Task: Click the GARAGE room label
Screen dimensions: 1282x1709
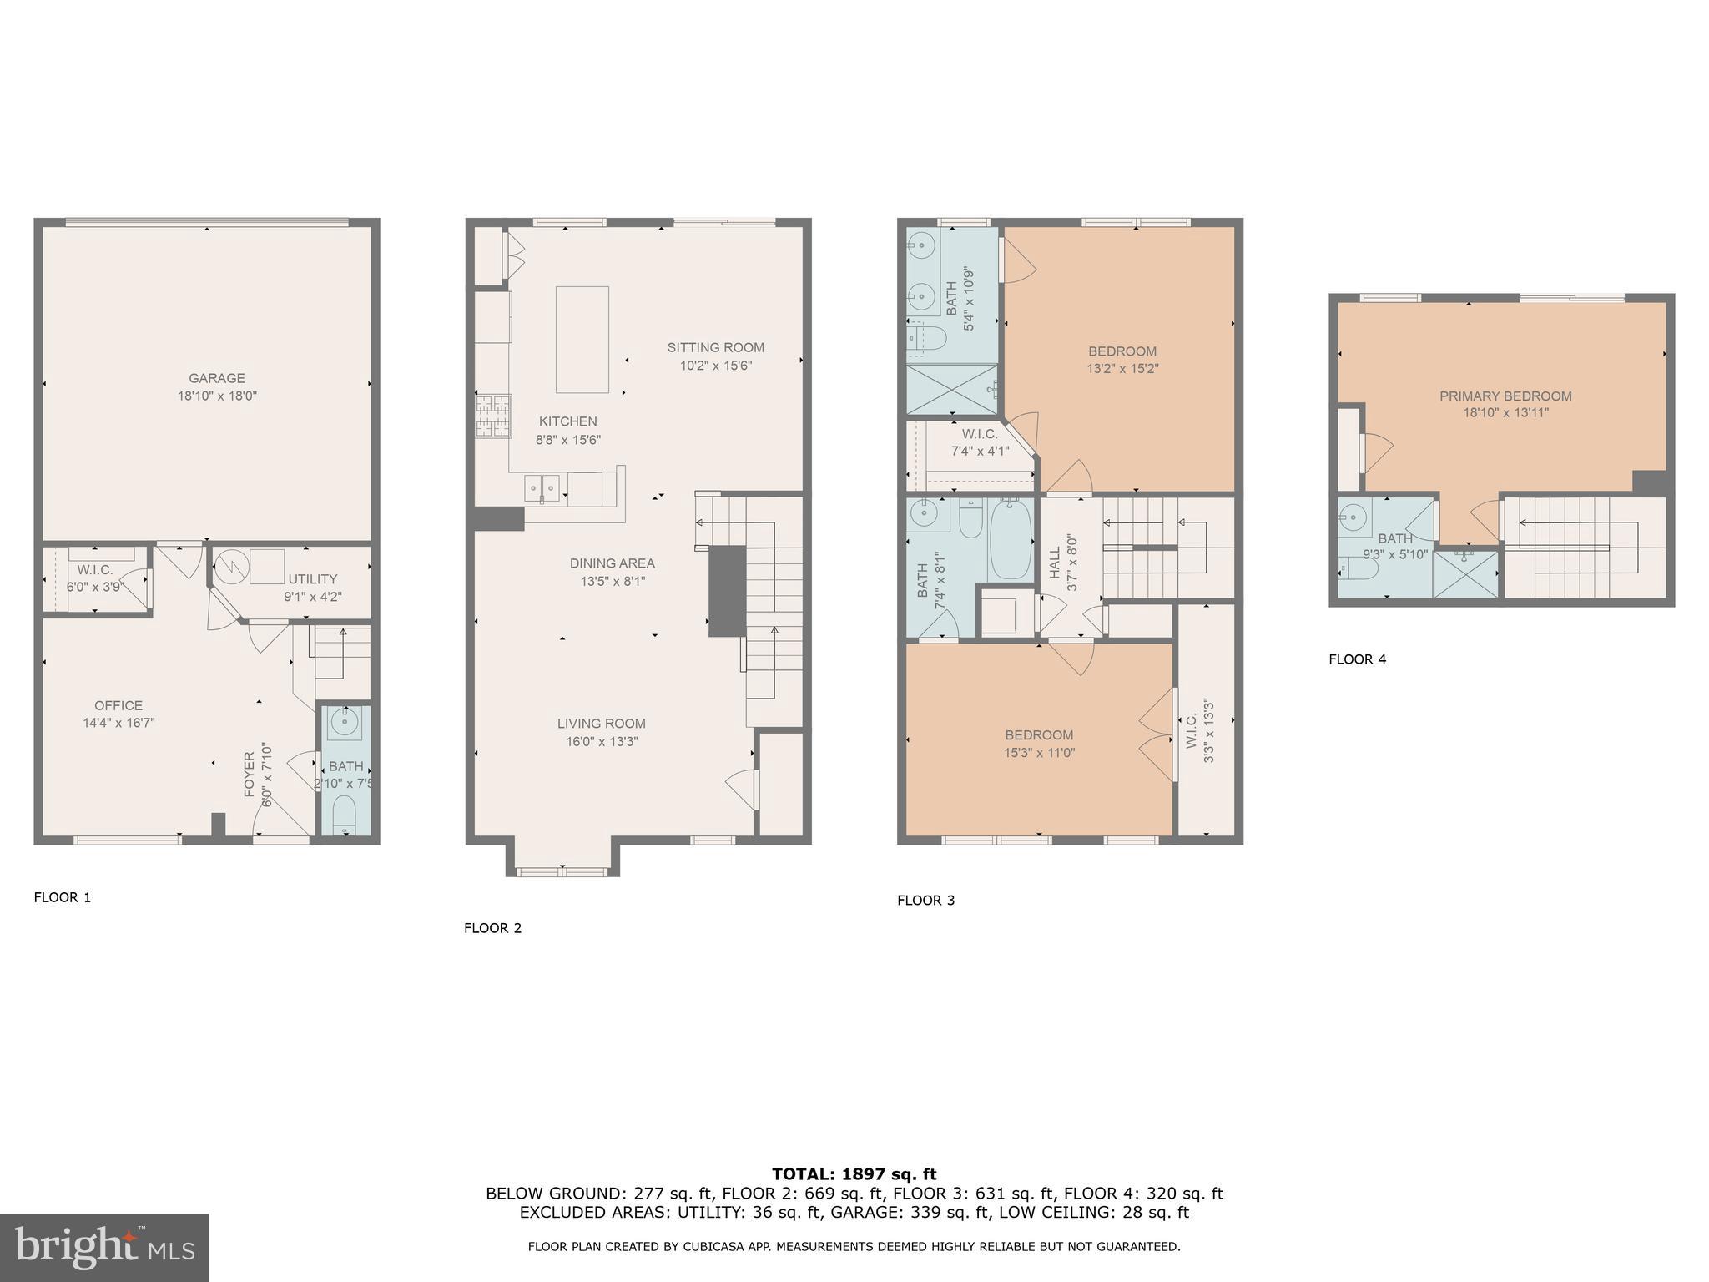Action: (x=216, y=378)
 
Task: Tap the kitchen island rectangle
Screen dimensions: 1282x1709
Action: (x=582, y=339)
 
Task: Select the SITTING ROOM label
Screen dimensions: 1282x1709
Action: (x=715, y=347)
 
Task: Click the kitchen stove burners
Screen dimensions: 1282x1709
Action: (x=493, y=416)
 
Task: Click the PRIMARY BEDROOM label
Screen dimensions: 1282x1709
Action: (x=1505, y=396)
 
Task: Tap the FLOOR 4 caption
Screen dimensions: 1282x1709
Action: (x=1357, y=659)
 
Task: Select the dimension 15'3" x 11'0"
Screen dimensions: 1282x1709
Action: (x=1039, y=753)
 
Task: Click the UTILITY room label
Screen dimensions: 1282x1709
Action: (x=313, y=579)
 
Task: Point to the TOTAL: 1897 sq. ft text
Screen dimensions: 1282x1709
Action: (x=854, y=1174)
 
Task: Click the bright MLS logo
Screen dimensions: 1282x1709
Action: (x=104, y=1247)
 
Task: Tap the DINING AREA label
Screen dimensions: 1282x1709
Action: (x=612, y=563)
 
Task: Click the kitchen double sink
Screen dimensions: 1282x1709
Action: (x=542, y=487)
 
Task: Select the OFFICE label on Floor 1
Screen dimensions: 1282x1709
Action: (x=118, y=705)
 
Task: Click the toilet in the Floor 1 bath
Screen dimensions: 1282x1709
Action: (x=344, y=814)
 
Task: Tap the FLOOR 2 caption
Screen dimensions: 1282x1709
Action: (x=492, y=928)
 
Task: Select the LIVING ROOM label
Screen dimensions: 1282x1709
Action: (x=601, y=724)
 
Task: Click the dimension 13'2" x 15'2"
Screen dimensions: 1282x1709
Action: (x=1122, y=368)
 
